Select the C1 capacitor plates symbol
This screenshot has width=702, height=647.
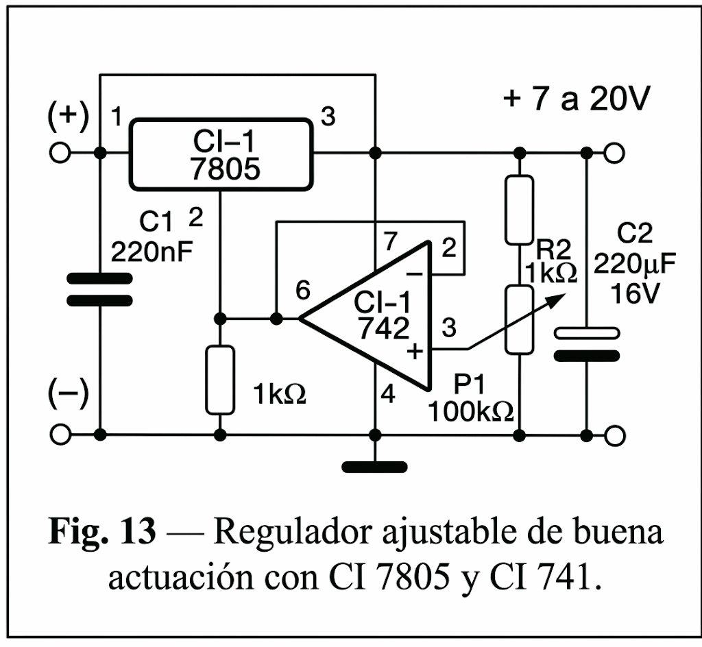(99, 289)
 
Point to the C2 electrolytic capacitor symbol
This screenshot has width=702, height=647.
(587, 345)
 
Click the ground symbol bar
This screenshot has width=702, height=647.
(375, 467)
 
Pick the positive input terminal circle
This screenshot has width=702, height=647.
(60, 153)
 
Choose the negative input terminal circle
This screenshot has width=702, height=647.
(60, 435)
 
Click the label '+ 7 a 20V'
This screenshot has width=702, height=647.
(576, 99)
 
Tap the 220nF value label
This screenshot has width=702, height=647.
(152, 252)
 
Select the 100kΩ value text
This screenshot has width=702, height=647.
(470, 411)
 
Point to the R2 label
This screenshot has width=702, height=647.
(554, 249)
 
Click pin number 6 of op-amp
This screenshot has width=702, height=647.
(303, 291)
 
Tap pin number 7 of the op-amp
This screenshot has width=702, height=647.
(390, 242)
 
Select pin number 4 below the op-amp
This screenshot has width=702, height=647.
(388, 394)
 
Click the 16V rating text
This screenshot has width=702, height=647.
(635, 294)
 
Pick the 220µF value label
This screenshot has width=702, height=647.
(634, 265)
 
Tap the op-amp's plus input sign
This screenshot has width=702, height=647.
(415, 351)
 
